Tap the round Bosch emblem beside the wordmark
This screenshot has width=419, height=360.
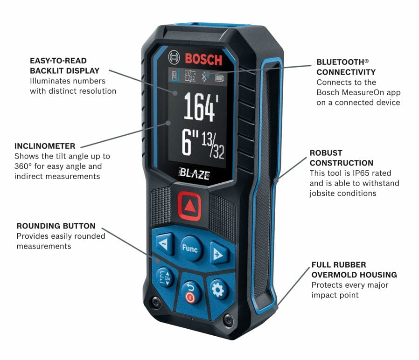pos(175,59)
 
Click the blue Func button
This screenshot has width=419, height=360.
pos(190,249)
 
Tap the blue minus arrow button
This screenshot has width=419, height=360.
pos(164,244)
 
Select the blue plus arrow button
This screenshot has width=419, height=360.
pos(218,254)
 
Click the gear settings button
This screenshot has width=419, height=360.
pos(218,289)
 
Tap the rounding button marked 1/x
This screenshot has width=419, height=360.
pos(165,278)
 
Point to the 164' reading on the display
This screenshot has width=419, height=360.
pos(199,108)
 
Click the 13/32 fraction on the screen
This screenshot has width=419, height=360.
pos(213,145)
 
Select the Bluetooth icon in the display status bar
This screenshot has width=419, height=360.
pos(204,76)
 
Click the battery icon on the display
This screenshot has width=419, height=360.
pos(219,78)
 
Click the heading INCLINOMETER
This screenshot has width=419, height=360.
pos(44,146)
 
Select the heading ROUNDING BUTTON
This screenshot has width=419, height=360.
pos(56,226)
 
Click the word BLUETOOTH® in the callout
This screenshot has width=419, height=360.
pos(342,62)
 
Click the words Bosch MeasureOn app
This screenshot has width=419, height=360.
pos(358,92)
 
